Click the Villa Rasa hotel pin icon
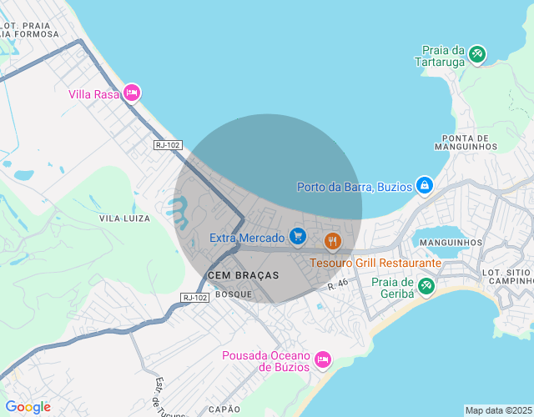click(x=131, y=93)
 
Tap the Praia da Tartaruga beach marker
click(x=476, y=54)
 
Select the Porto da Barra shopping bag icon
click(x=424, y=184)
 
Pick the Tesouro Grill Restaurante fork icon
click(x=333, y=241)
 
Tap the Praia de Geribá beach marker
click(x=426, y=286)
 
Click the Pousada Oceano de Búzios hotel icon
click(x=322, y=359)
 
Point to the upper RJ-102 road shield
click(x=168, y=144)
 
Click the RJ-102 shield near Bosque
click(x=194, y=298)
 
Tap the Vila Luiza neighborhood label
click(x=124, y=218)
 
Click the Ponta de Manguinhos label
click(x=466, y=142)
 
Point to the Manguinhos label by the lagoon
click(x=451, y=242)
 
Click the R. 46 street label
click(x=337, y=285)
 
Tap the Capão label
click(x=224, y=409)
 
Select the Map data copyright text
click(x=497, y=410)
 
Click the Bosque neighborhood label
click(x=233, y=294)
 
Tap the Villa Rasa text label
click(x=93, y=94)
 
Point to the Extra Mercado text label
click(x=247, y=239)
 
